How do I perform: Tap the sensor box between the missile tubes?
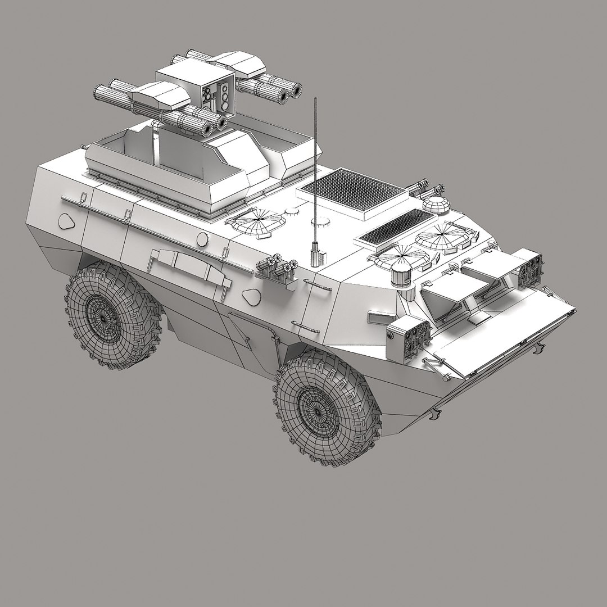[217, 96]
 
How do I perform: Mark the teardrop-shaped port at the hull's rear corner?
[67, 221]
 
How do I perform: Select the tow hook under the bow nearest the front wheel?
[434, 414]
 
